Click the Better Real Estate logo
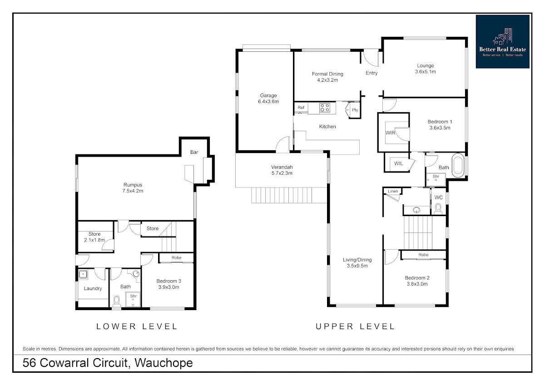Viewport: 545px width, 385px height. pos(502,42)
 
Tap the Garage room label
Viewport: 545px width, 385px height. pos(268,95)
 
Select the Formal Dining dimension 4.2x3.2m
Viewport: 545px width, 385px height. pos(327,80)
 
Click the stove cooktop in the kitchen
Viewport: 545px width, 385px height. pos(325,108)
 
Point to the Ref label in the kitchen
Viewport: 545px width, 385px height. pos(301,108)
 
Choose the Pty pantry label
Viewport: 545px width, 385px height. pos(355,110)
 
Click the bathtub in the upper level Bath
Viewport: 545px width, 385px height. pos(458,165)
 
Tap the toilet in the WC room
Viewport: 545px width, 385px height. pos(438,209)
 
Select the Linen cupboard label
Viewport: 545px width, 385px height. pos(393,191)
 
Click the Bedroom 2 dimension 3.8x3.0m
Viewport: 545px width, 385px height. pos(417,284)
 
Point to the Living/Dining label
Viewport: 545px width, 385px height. pos(357,260)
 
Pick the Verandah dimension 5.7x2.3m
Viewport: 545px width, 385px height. pos(282,173)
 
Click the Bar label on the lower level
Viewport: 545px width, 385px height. pos(194,152)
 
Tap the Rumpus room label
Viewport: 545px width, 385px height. pos(133,185)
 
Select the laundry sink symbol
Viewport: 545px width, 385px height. pos(83,274)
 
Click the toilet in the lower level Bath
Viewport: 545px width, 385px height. pos(117,302)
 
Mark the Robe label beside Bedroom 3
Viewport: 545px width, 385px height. pos(176,257)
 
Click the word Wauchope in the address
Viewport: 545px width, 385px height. pos(164,363)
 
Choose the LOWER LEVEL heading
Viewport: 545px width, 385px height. pos(137,326)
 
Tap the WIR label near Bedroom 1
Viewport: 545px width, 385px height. pos(390,133)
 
